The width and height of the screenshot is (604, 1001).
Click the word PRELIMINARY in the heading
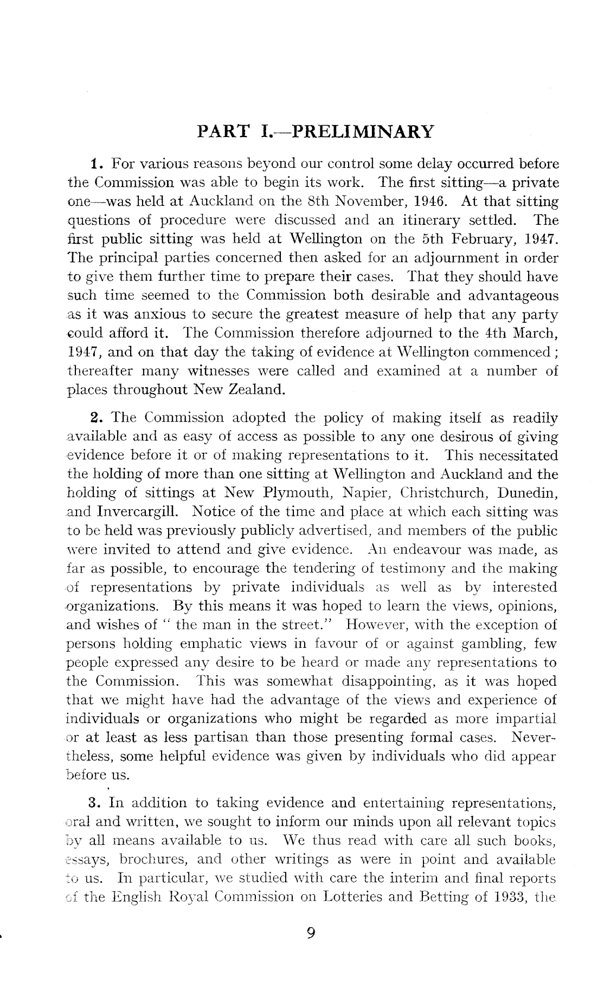coord(363,132)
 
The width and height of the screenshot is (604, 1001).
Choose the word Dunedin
coord(528,493)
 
